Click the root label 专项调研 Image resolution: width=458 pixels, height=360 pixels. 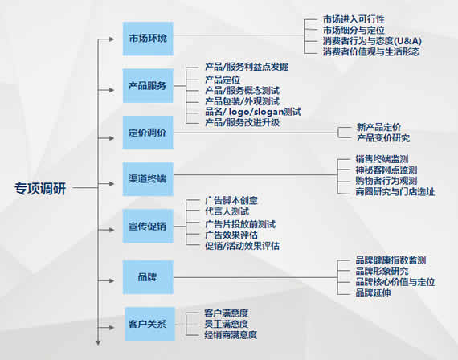40,189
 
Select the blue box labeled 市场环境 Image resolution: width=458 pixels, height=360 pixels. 148,39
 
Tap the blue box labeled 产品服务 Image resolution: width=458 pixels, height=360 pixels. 148,86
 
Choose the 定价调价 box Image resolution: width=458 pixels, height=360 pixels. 148,133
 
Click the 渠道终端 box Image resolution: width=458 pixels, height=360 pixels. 148,179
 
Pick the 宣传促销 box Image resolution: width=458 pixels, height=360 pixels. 148,226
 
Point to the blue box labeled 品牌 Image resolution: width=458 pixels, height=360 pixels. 148,277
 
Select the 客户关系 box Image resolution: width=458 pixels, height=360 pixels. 149,324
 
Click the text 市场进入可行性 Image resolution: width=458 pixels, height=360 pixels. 354,19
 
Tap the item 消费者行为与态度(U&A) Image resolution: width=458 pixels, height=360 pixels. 372,41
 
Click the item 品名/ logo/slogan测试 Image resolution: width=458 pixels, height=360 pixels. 253,112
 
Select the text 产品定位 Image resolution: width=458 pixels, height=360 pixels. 223,80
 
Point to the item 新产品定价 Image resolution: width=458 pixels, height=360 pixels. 378,127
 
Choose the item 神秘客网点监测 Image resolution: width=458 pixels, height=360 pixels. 386,170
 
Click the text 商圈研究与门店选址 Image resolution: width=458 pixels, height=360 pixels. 395,192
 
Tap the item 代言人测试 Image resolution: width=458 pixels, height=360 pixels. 227,211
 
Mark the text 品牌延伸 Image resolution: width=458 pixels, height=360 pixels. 373,292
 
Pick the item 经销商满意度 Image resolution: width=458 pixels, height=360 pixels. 231,335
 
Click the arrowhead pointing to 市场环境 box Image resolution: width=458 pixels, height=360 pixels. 112,39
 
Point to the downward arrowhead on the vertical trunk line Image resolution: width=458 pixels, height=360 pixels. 99,343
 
